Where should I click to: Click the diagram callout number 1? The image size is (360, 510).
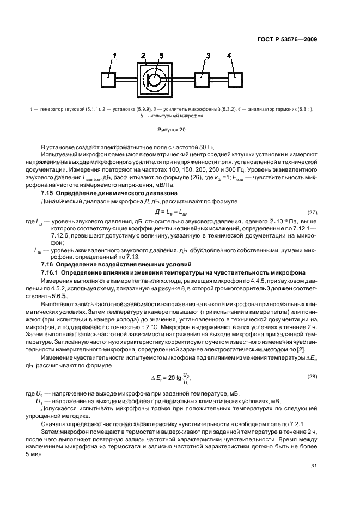(x=114, y=56)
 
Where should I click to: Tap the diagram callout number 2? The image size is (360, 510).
(x=144, y=56)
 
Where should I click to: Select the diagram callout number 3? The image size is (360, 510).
(x=208, y=56)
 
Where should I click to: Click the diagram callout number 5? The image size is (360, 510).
(x=161, y=56)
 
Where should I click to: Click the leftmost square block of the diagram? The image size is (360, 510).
(x=109, y=79)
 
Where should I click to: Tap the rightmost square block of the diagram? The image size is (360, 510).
(x=235, y=79)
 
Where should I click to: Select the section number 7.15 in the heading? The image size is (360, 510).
(x=48, y=193)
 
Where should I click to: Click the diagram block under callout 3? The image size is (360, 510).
(x=203, y=79)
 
